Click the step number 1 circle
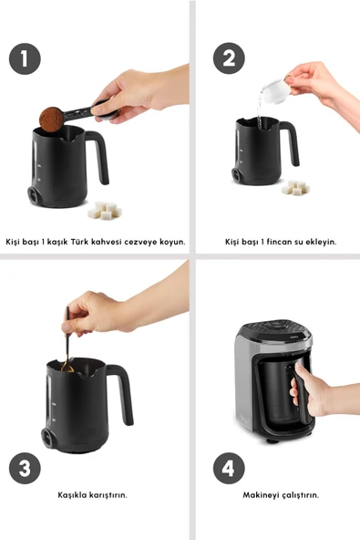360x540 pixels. point(25,59)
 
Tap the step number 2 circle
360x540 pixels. point(229,58)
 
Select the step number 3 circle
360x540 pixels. point(25,468)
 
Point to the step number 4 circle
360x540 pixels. point(229,468)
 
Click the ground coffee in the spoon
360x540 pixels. point(51,119)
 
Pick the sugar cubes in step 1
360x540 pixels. point(105,211)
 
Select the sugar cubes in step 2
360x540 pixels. point(295,187)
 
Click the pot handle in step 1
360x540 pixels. point(99,155)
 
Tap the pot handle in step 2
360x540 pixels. point(290,141)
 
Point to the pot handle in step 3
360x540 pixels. point(121,392)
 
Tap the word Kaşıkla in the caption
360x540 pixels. point(72,495)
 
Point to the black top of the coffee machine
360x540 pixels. point(274,329)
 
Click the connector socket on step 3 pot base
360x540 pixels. point(47,437)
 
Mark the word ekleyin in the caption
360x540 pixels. point(321,242)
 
